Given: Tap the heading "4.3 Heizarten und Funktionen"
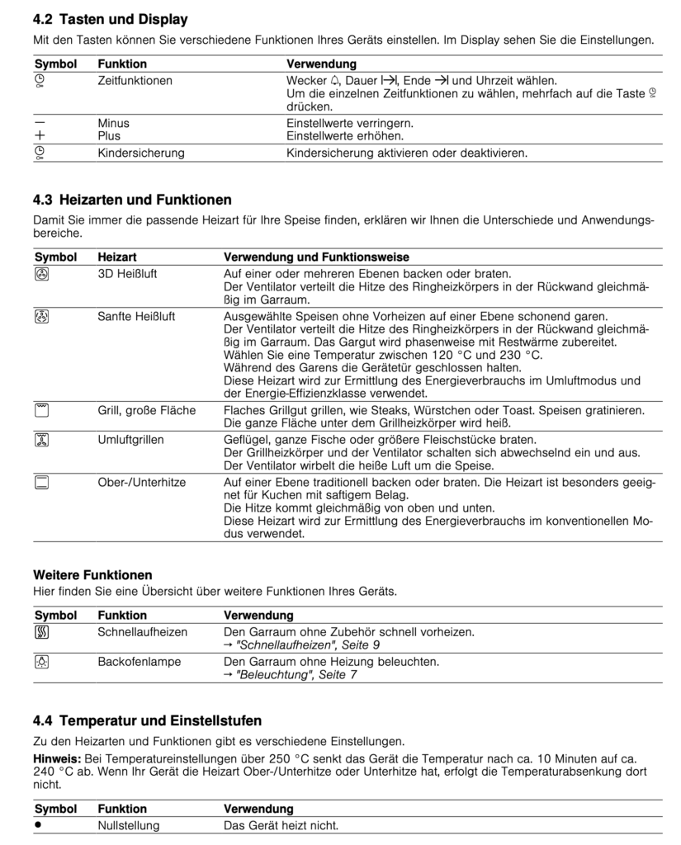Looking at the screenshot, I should [132, 200].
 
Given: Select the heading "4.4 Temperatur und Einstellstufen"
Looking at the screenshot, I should [147, 720].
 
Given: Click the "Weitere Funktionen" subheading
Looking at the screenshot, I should [92, 574].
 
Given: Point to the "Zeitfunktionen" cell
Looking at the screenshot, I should [135, 81].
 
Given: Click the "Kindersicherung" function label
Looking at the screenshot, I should [140, 153].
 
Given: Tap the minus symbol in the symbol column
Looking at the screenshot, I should [40, 122].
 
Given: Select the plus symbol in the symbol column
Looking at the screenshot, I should [40, 135].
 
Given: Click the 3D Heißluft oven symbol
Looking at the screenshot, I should [41, 275].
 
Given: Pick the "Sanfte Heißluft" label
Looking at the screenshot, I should [136, 316].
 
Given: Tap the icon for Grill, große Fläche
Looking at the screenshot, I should [41, 410].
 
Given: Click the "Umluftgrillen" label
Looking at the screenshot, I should [130, 440].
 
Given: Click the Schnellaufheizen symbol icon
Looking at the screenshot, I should [41, 633].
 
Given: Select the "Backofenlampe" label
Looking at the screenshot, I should [139, 662].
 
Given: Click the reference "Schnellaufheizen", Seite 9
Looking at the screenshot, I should [302, 644].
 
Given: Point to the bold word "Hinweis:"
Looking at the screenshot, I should [57, 758].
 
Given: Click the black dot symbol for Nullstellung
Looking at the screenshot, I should [38, 824].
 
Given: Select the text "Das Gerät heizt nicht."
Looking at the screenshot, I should [281, 825].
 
